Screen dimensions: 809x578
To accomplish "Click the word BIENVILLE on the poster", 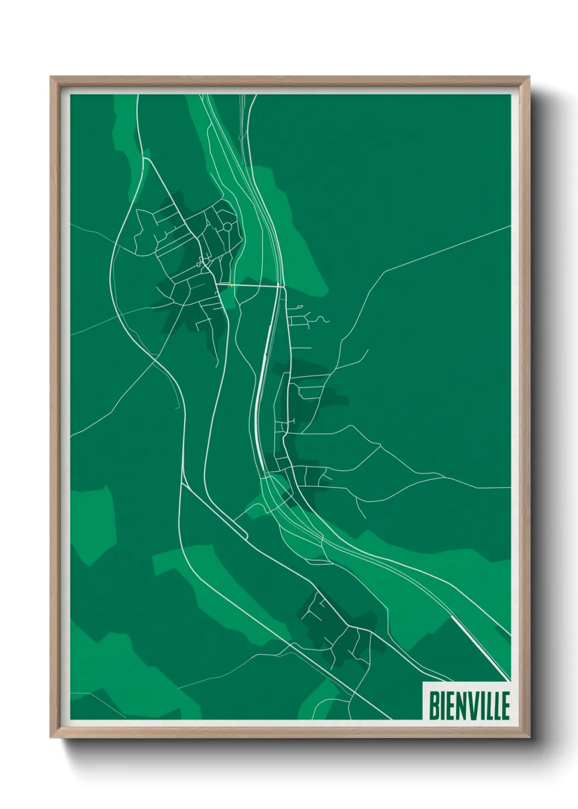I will pos(469,706).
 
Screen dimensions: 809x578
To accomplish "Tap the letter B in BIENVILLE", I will pos(433,706).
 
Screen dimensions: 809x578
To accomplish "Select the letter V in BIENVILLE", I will pos(473,706).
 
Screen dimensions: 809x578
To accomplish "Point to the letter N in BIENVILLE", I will pos(461,706).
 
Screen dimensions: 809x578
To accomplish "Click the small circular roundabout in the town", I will pos(227,226).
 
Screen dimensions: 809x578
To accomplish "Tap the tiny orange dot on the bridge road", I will pos(232,285).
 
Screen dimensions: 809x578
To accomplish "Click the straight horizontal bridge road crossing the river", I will pos(251,285).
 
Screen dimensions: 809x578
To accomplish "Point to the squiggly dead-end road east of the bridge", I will pos(322,319).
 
